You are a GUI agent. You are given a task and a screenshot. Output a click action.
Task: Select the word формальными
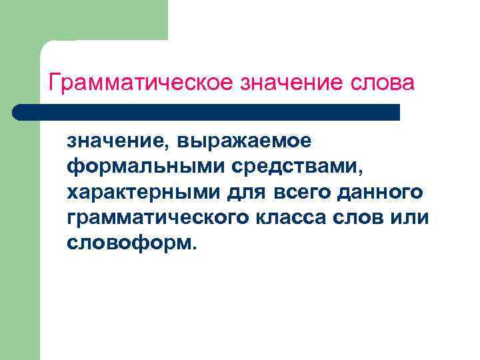pyautogui.click(x=125, y=167)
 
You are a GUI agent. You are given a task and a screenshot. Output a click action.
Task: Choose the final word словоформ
pyautogui.click(x=127, y=243)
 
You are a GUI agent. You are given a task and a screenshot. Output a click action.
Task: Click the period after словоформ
pyautogui.click(x=194, y=249)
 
